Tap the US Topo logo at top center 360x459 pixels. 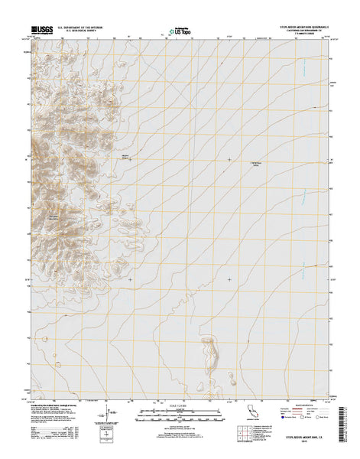coord(180,31)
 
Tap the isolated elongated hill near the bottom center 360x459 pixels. coord(211,352)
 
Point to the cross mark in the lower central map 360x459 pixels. coord(229,279)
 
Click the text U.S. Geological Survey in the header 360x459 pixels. coord(73,31)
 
